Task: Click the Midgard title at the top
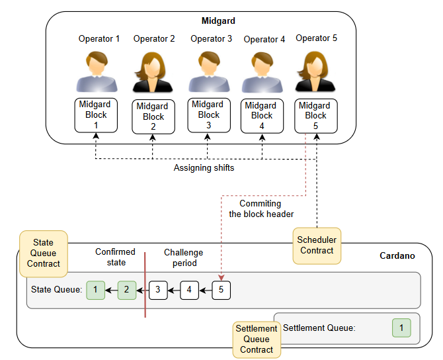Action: pyautogui.click(x=218, y=21)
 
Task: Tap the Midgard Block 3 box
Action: pyautogui.click(x=208, y=114)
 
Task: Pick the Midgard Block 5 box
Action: pyautogui.click(x=315, y=115)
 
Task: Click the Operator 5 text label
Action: pyautogui.click(x=316, y=38)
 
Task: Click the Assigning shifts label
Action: pyautogui.click(x=204, y=168)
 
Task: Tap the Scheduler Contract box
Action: pyautogui.click(x=317, y=246)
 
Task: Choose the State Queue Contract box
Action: pyautogui.click(x=44, y=253)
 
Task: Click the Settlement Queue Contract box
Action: pyautogui.click(x=257, y=338)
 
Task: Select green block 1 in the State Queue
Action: pyautogui.click(x=95, y=290)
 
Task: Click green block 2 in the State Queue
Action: pyautogui.click(x=127, y=290)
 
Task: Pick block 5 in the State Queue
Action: pyautogui.click(x=221, y=290)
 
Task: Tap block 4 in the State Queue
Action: pyautogui.click(x=189, y=290)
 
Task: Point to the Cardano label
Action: pyautogui.click(x=397, y=255)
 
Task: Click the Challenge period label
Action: pyautogui.click(x=183, y=257)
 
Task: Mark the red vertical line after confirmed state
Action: pyautogui.click(x=145, y=285)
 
